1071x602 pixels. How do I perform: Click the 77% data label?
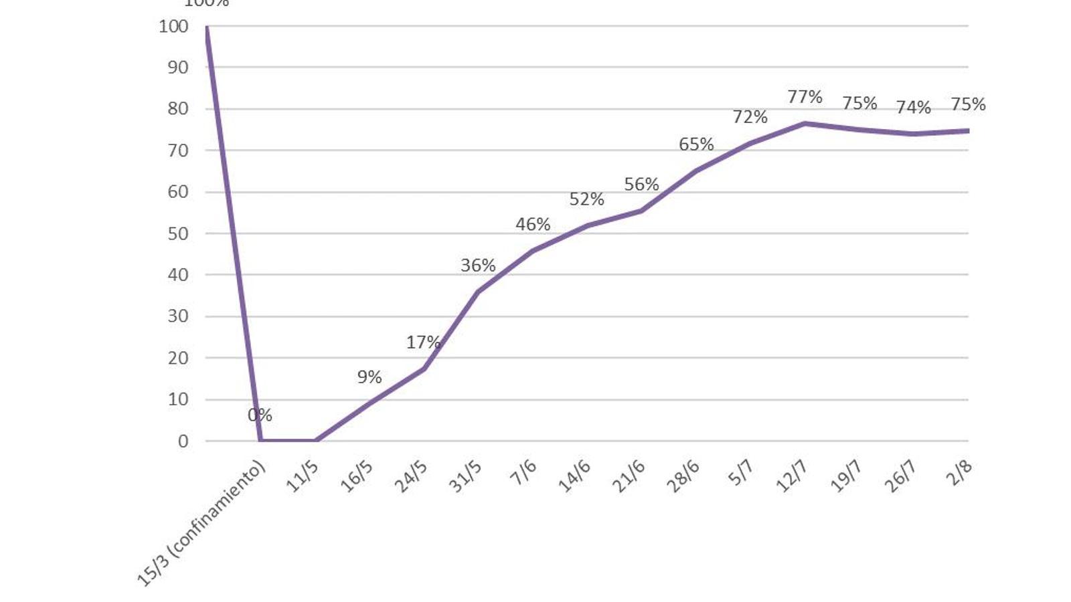pos(805,97)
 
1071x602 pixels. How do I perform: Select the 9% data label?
pos(369,377)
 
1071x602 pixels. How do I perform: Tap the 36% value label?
pos(478,266)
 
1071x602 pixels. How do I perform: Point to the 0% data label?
pos(260,415)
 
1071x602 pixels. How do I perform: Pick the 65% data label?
pos(696,144)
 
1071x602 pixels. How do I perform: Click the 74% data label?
pos(913,108)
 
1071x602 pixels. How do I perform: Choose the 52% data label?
pos(586,199)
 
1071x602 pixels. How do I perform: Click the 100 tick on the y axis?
pos(173,26)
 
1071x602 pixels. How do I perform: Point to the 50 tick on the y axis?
pos(177,233)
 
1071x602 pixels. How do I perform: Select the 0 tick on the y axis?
pos(183,441)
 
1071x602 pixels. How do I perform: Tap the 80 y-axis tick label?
pos(177,108)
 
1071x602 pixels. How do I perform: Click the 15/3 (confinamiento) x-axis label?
pos(201,524)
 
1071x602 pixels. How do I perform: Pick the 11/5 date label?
pos(303,476)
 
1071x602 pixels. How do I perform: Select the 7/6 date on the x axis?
pos(523,474)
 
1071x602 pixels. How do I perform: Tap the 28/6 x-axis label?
pos(683,476)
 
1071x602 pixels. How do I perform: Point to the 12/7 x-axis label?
pos(792,476)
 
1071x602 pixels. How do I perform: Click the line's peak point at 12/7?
pos(805,123)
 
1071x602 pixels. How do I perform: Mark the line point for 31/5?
pos(478,292)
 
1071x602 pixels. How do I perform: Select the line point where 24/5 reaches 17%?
pos(424,369)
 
